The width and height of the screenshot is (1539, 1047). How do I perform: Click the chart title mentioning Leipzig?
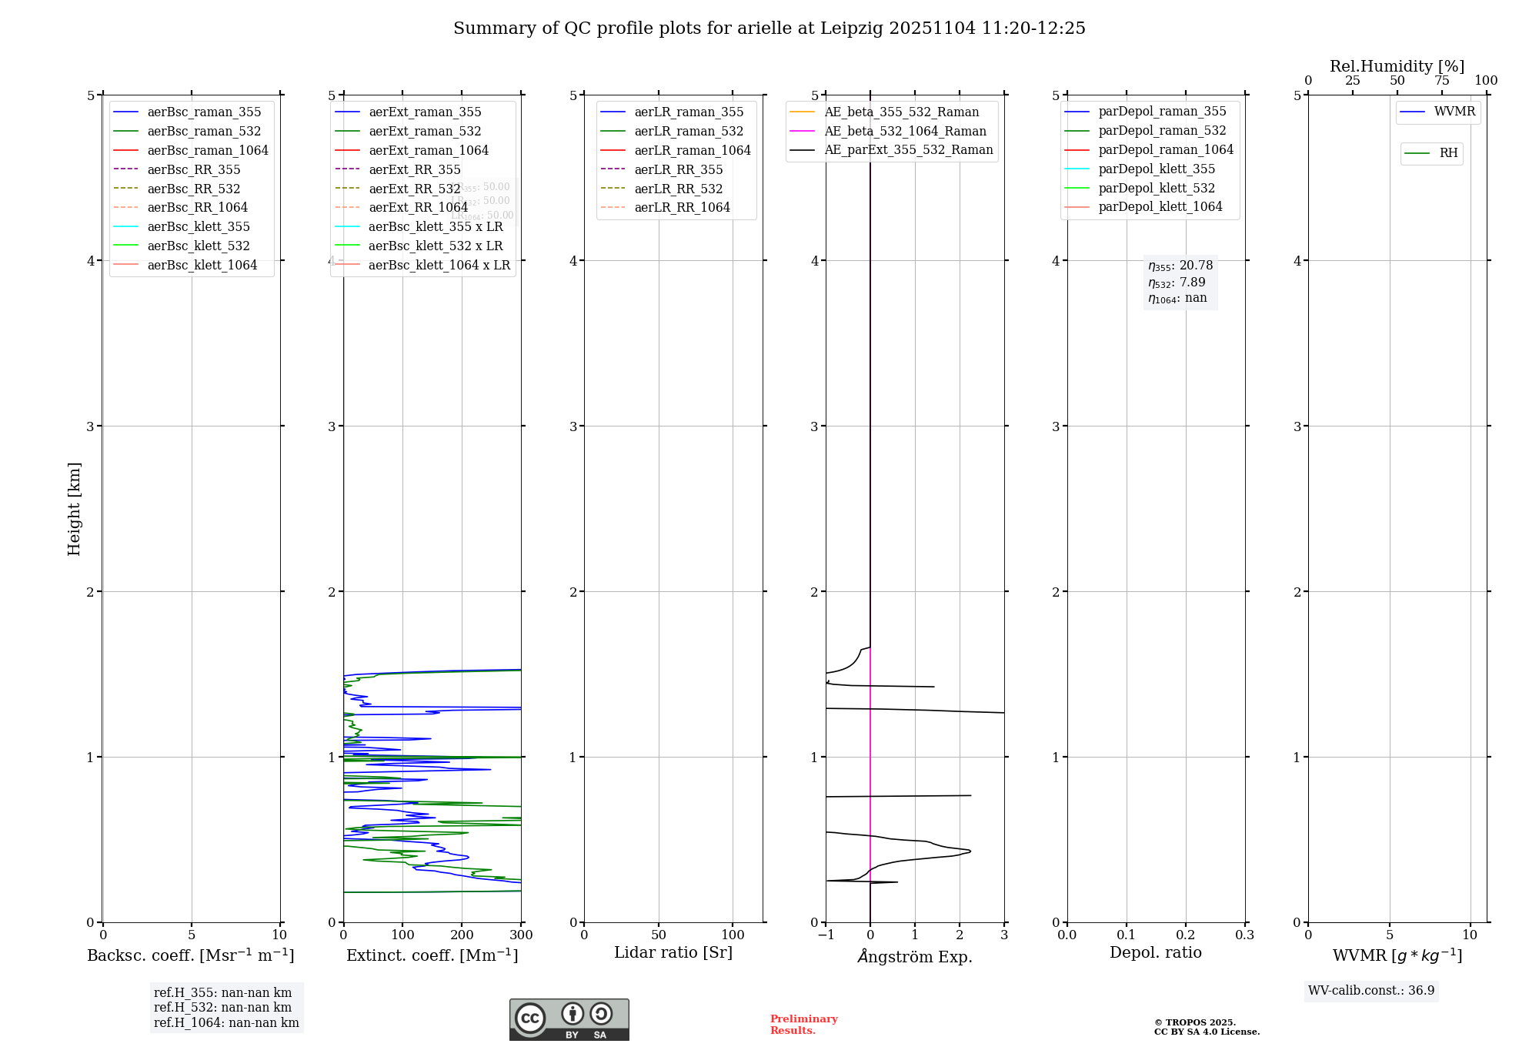click(769, 28)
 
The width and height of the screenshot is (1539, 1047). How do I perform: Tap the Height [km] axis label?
click(74, 508)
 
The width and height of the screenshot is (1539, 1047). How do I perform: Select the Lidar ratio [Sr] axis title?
click(673, 952)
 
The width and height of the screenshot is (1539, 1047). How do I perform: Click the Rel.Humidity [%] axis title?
click(1397, 66)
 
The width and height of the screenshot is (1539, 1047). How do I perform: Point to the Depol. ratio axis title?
click(1155, 952)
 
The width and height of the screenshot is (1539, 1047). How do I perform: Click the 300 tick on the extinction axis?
click(521, 935)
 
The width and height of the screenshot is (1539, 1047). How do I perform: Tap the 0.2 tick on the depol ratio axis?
click(1186, 935)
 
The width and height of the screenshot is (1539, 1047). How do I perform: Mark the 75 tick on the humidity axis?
click(1441, 81)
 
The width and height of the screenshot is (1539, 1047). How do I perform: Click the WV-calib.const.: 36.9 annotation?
click(1371, 990)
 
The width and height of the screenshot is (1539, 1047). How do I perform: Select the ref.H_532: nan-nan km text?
click(222, 1007)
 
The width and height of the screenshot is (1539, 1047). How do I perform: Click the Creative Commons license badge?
click(569, 1019)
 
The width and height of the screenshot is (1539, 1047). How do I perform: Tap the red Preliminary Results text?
click(803, 1024)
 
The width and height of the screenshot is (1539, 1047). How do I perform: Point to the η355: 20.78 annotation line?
click(1180, 266)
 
